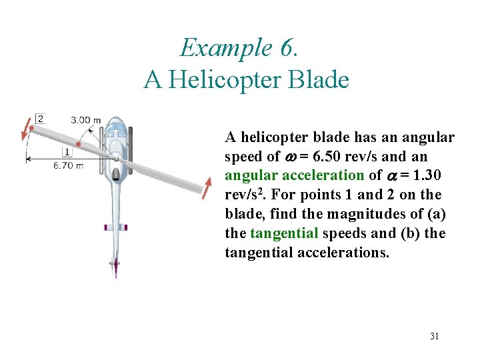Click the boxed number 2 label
[x=40, y=119]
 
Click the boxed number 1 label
[x=67, y=151]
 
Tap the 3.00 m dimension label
[x=85, y=120]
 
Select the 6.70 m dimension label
[x=69, y=165]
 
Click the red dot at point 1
[x=79, y=143]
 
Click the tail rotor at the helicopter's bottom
[x=115, y=266]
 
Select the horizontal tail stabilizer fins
[x=115, y=227]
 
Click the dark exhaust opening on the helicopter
[x=116, y=175]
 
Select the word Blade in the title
[x=322, y=80]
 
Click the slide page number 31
[x=434, y=336]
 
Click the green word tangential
[x=284, y=233]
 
